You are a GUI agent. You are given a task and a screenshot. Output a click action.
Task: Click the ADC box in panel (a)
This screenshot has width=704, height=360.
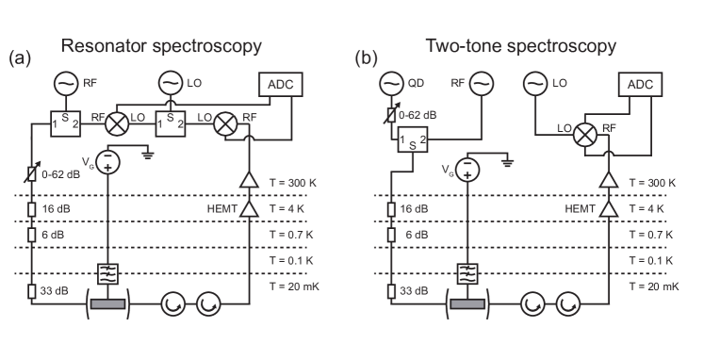(x=281, y=85)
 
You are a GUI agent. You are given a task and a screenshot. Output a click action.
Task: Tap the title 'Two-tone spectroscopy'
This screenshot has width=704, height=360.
(x=520, y=46)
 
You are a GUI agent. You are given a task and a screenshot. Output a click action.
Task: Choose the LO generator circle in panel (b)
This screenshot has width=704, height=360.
(x=535, y=86)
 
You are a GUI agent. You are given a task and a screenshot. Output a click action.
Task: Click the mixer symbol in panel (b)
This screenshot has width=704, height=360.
(x=586, y=135)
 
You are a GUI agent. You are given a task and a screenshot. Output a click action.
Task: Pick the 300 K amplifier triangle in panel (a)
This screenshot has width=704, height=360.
(x=249, y=180)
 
